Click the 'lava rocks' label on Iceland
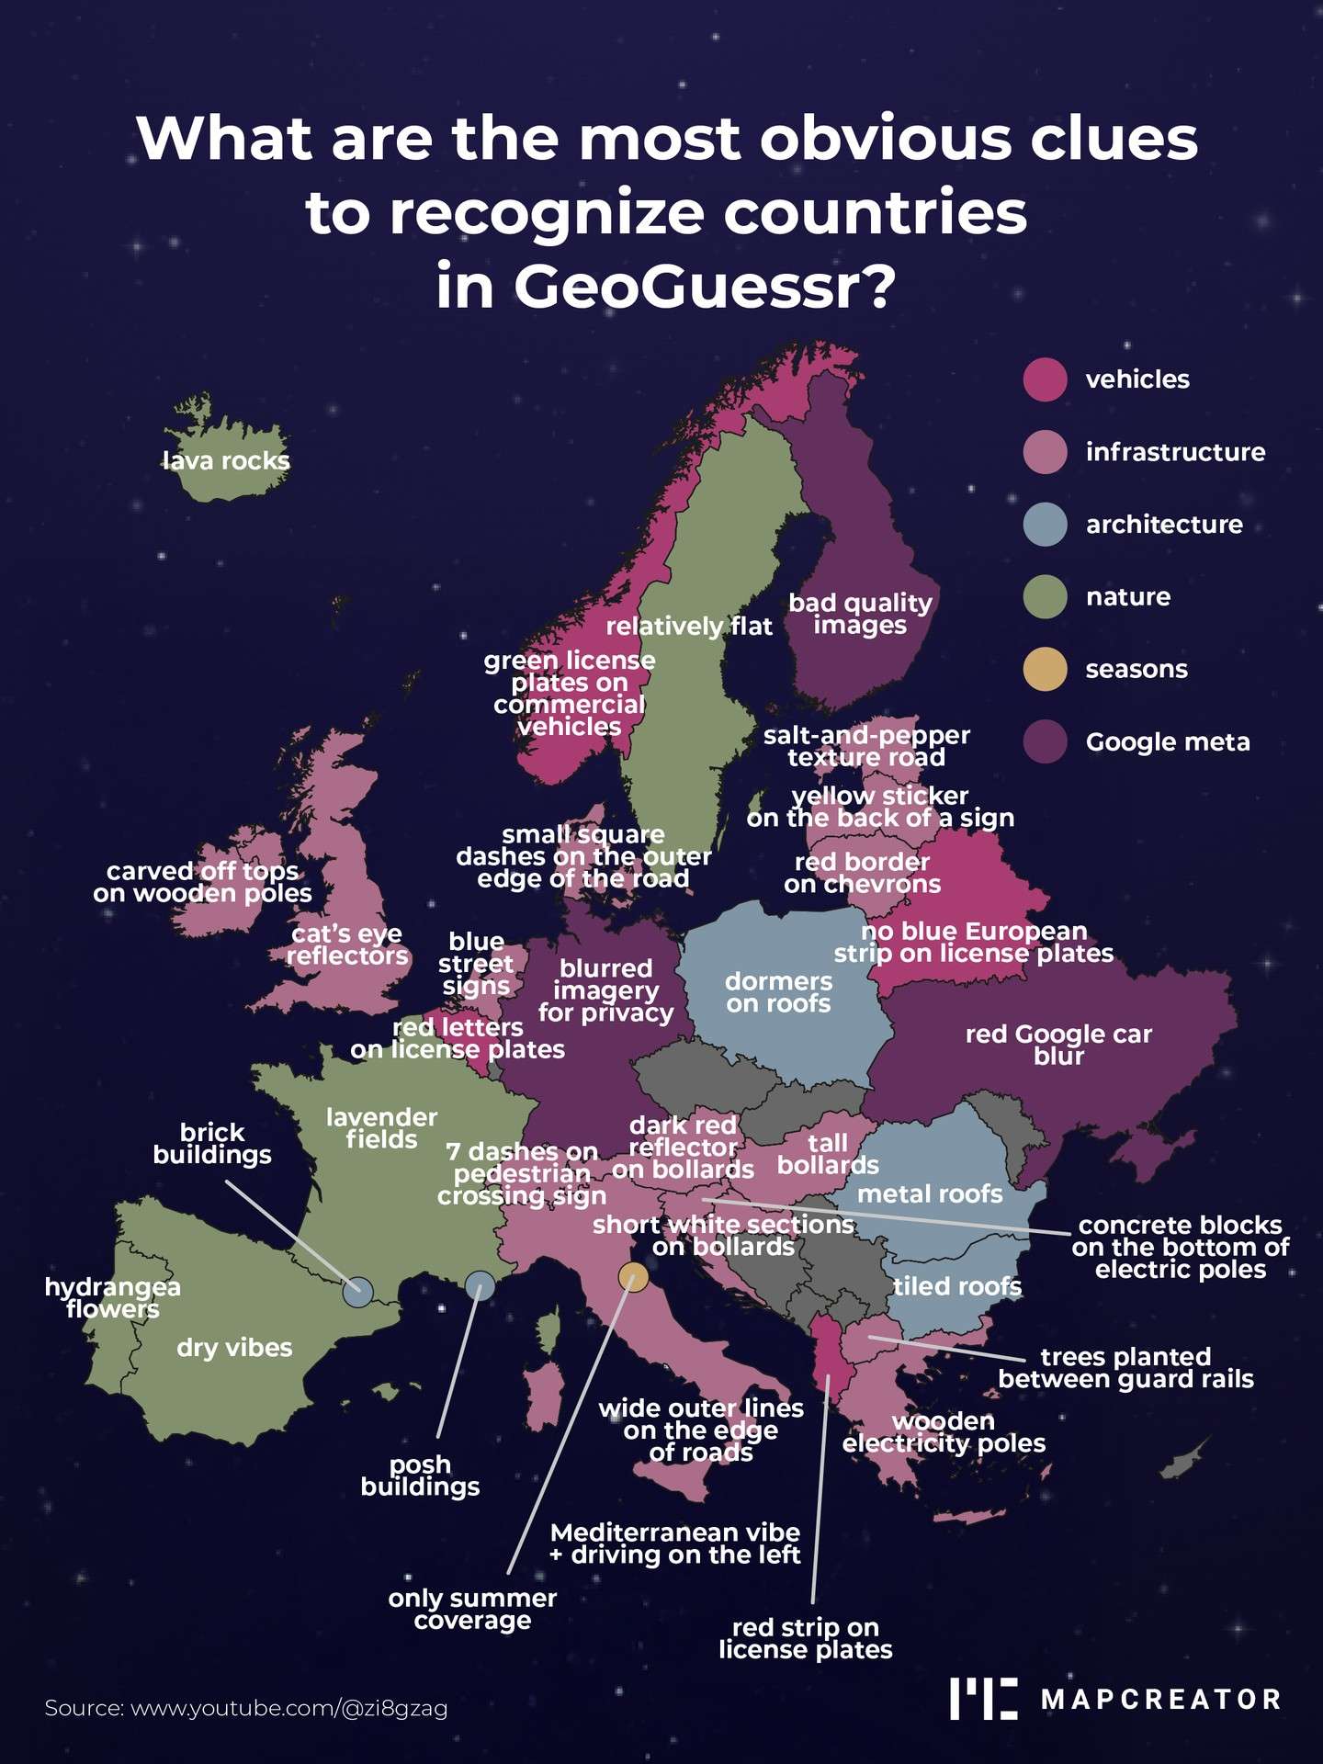click(226, 461)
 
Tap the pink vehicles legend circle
click(1045, 379)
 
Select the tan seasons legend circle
click(1045, 669)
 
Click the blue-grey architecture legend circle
click(1045, 525)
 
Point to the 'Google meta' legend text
click(1167, 742)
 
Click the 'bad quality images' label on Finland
click(860, 614)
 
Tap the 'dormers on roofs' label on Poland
click(778, 992)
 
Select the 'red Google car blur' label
click(1058, 1045)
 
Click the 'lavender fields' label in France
click(381, 1128)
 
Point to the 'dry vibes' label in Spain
click(234, 1348)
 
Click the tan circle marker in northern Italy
click(633, 1276)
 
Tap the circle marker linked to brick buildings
click(357, 1292)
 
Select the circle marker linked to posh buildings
click(480, 1285)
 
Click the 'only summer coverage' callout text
click(472, 1609)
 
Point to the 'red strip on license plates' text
click(805, 1638)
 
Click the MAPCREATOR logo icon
click(983, 1699)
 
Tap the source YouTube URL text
click(245, 1708)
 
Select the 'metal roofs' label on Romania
click(930, 1193)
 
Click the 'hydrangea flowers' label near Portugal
click(112, 1297)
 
